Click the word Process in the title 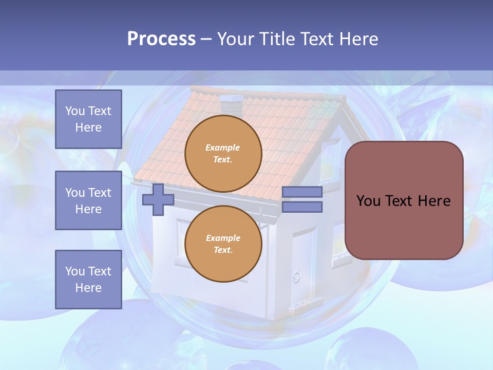tap(161, 39)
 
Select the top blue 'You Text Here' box tap(88, 119)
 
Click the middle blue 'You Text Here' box tap(88, 200)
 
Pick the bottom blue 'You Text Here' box tap(88, 279)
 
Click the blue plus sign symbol tap(158, 199)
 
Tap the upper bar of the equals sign tap(302, 192)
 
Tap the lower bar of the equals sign tap(302, 207)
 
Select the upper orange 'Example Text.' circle tap(223, 153)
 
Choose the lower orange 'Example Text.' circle tap(223, 244)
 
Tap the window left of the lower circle tap(181, 239)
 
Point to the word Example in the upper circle tap(223, 147)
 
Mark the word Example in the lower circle tap(223, 238)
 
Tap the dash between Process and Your tap(206, 40)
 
